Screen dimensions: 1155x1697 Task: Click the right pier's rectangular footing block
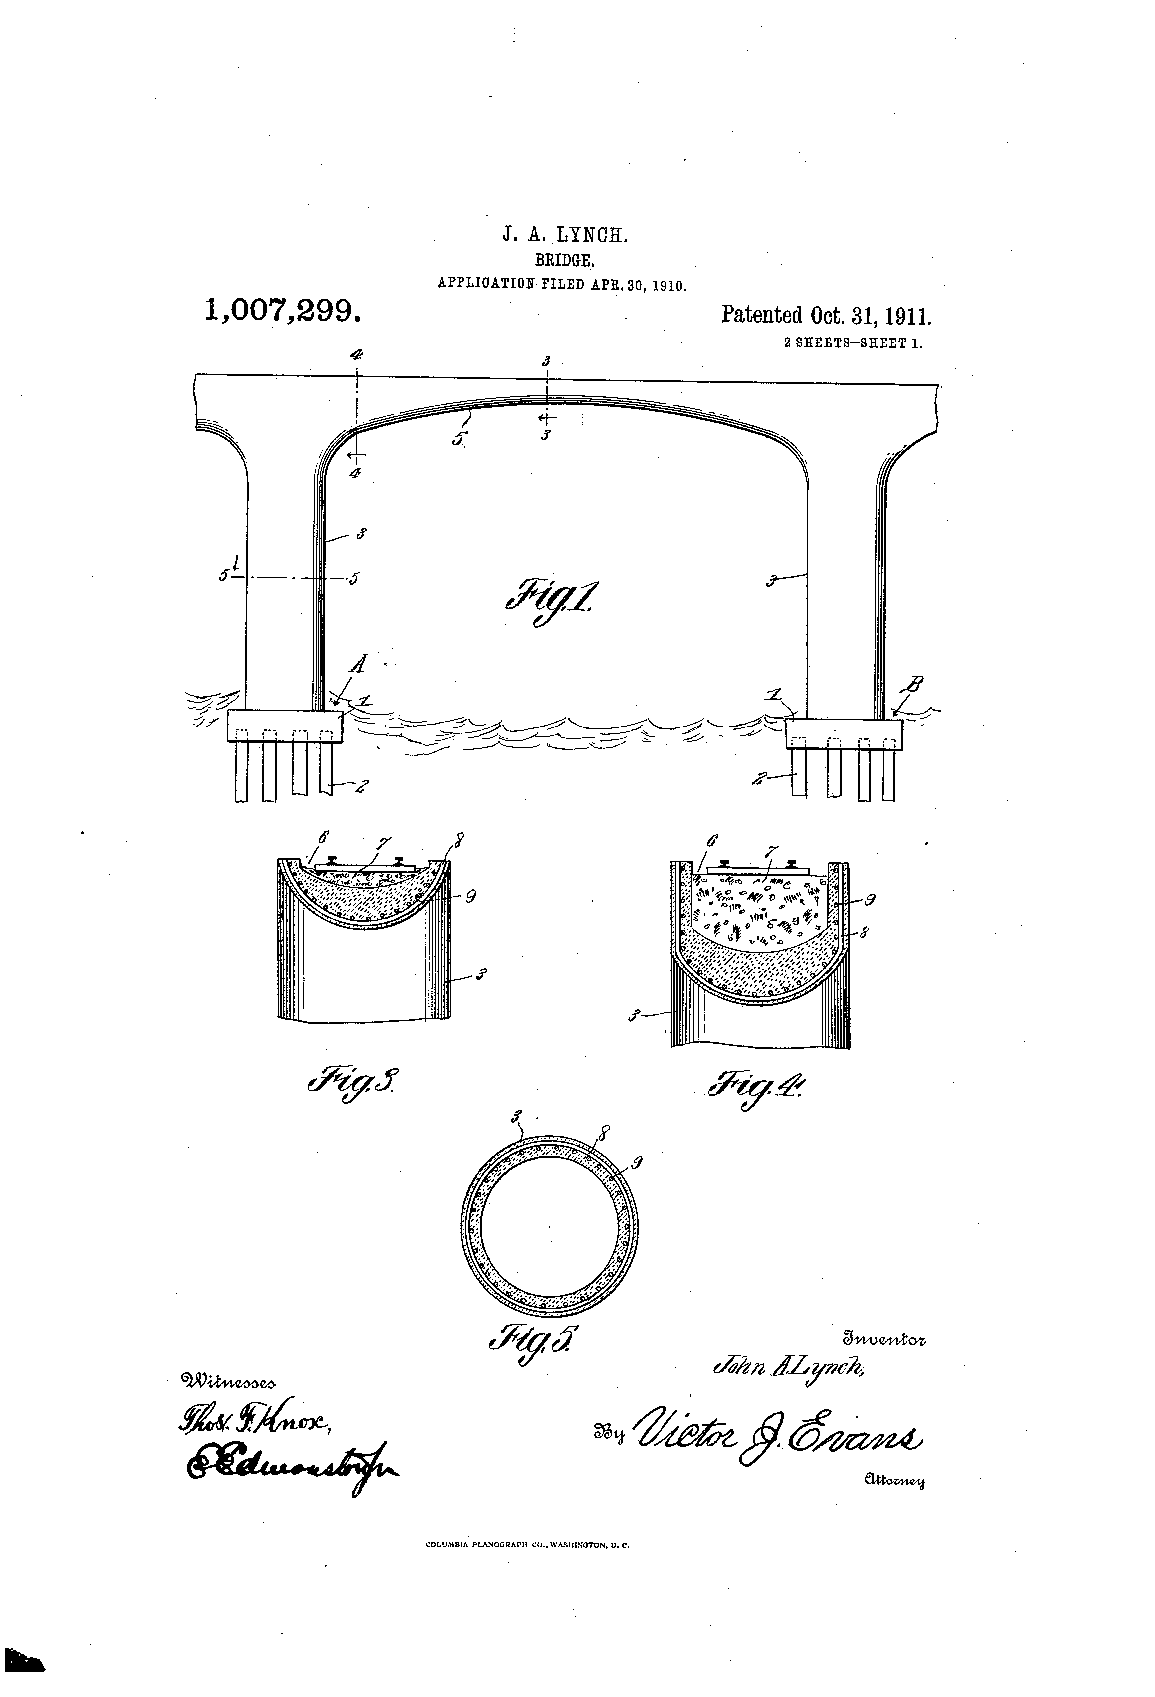click(843, 734)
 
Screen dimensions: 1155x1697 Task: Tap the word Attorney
click(894, 1481)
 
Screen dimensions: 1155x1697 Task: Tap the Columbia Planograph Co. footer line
click(527, 1565)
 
